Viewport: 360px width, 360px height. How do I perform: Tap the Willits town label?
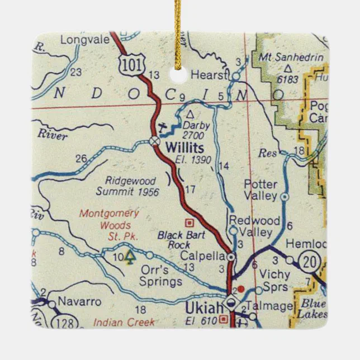coord(185,147)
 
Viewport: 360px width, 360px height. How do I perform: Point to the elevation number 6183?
coord(287,79)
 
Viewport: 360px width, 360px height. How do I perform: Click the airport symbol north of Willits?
coord(163,127)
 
